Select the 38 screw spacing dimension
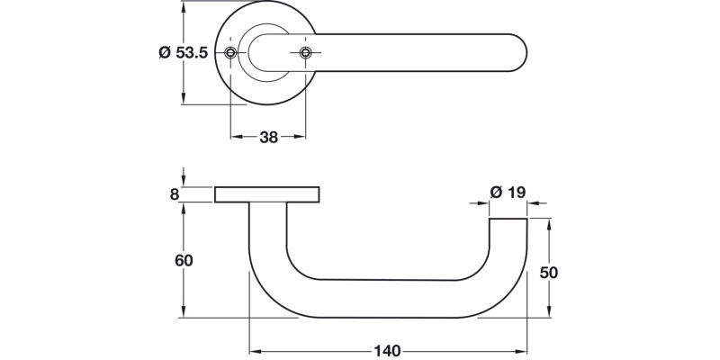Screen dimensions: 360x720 tap(268, 138)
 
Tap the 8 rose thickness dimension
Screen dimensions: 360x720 tap(175, 193)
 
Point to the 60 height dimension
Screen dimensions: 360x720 tap(182, 260)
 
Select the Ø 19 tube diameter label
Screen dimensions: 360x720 tap(507, 192)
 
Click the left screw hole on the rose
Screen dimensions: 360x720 tap(232, 53)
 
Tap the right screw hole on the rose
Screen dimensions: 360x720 tap(305, 53)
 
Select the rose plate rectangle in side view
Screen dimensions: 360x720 tap(267, 194)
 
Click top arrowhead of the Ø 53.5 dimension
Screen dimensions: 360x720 tap(184, 6)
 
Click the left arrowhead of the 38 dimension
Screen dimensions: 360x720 tap(236, 138)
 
